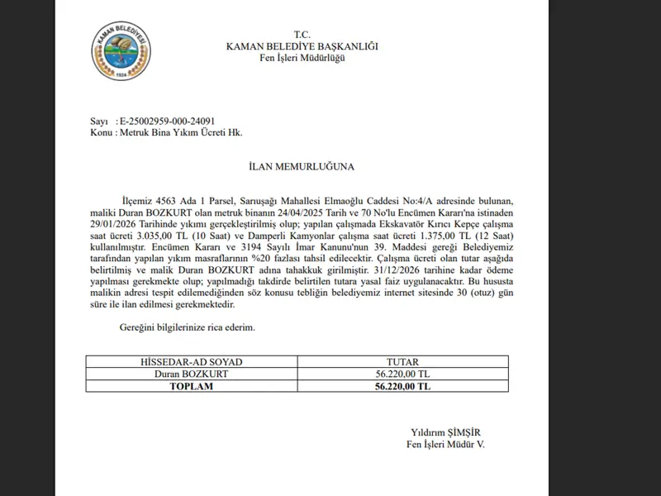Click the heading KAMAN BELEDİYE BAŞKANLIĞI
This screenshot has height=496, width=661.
(x=302, y=46)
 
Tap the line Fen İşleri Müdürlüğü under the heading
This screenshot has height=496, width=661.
(x=302, y=58)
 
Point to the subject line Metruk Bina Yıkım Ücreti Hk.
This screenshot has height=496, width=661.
(x=181, y=132)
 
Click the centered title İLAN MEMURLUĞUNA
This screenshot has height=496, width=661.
(x=302, y=166)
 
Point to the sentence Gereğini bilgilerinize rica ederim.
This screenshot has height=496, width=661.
(x=188, y=327)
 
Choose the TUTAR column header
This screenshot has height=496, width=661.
(x=402, y=362)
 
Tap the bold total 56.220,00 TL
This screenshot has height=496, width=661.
(x=402, y=385)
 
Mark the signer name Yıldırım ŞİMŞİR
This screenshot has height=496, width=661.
(x=445, y=432)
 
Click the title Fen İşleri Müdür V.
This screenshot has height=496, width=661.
(x=445, y=444)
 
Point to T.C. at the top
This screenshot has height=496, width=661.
(x=302, y=35)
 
